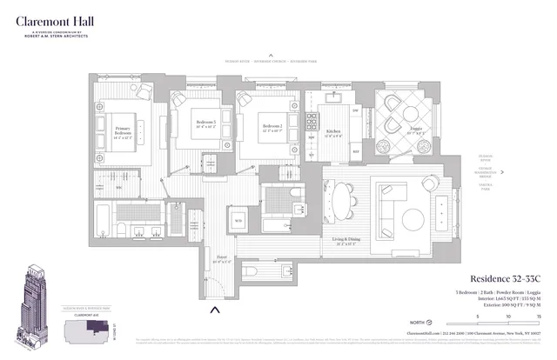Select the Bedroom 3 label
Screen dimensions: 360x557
[x=206, y=124]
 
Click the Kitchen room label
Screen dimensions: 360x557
[x=335, y=135]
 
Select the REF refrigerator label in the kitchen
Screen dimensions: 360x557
[x=355, y=151]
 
